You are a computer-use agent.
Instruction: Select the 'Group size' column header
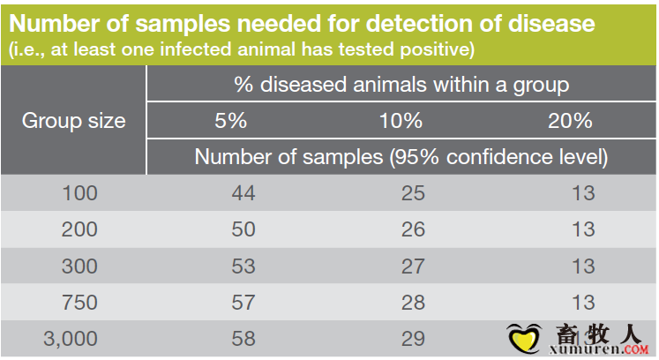click(x=73, y=121)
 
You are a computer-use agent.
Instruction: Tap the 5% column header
click(x=230, y=121)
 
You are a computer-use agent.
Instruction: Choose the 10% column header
click(x=401, y=121)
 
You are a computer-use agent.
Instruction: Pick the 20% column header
click(x=570, y=121)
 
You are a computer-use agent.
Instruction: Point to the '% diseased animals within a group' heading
click(x=401, y=85)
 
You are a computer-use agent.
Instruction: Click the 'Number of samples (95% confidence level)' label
click(x=401, y=157)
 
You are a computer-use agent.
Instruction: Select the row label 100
click(x=80, y=193)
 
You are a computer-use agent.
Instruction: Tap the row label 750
click(x=80, y=303)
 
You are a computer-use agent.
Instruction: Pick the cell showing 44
click(x=243, y=193)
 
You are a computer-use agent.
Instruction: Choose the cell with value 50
click(x=243, y=229)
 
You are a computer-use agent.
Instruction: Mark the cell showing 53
click(x=243, y=266)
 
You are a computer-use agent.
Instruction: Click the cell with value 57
click(x=243, y=303)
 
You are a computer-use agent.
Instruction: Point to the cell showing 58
click(x=243, y=339)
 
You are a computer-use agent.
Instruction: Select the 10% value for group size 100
click(x=413, y=193)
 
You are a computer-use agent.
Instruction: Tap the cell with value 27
click(x=413, y=266)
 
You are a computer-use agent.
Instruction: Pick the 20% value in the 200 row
click(x=583, y=229)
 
